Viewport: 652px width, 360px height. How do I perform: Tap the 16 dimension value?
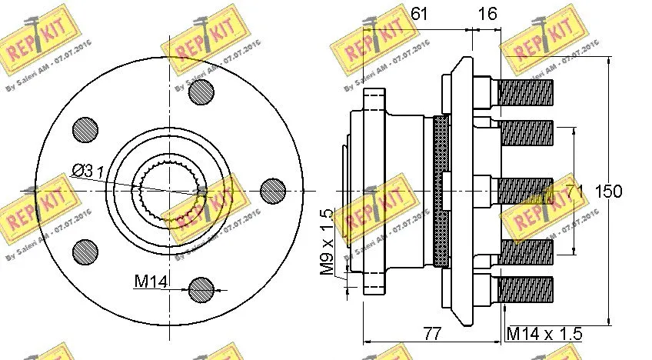[487, 12]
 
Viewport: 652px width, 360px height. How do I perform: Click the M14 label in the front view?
[151, 282]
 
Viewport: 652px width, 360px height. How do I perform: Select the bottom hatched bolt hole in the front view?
[201, 289]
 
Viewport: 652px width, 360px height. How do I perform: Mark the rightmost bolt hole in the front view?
[273, 191]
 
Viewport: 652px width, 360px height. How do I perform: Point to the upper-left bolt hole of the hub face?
[84, 131]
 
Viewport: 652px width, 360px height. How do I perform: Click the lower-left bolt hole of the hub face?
[84, 251]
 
